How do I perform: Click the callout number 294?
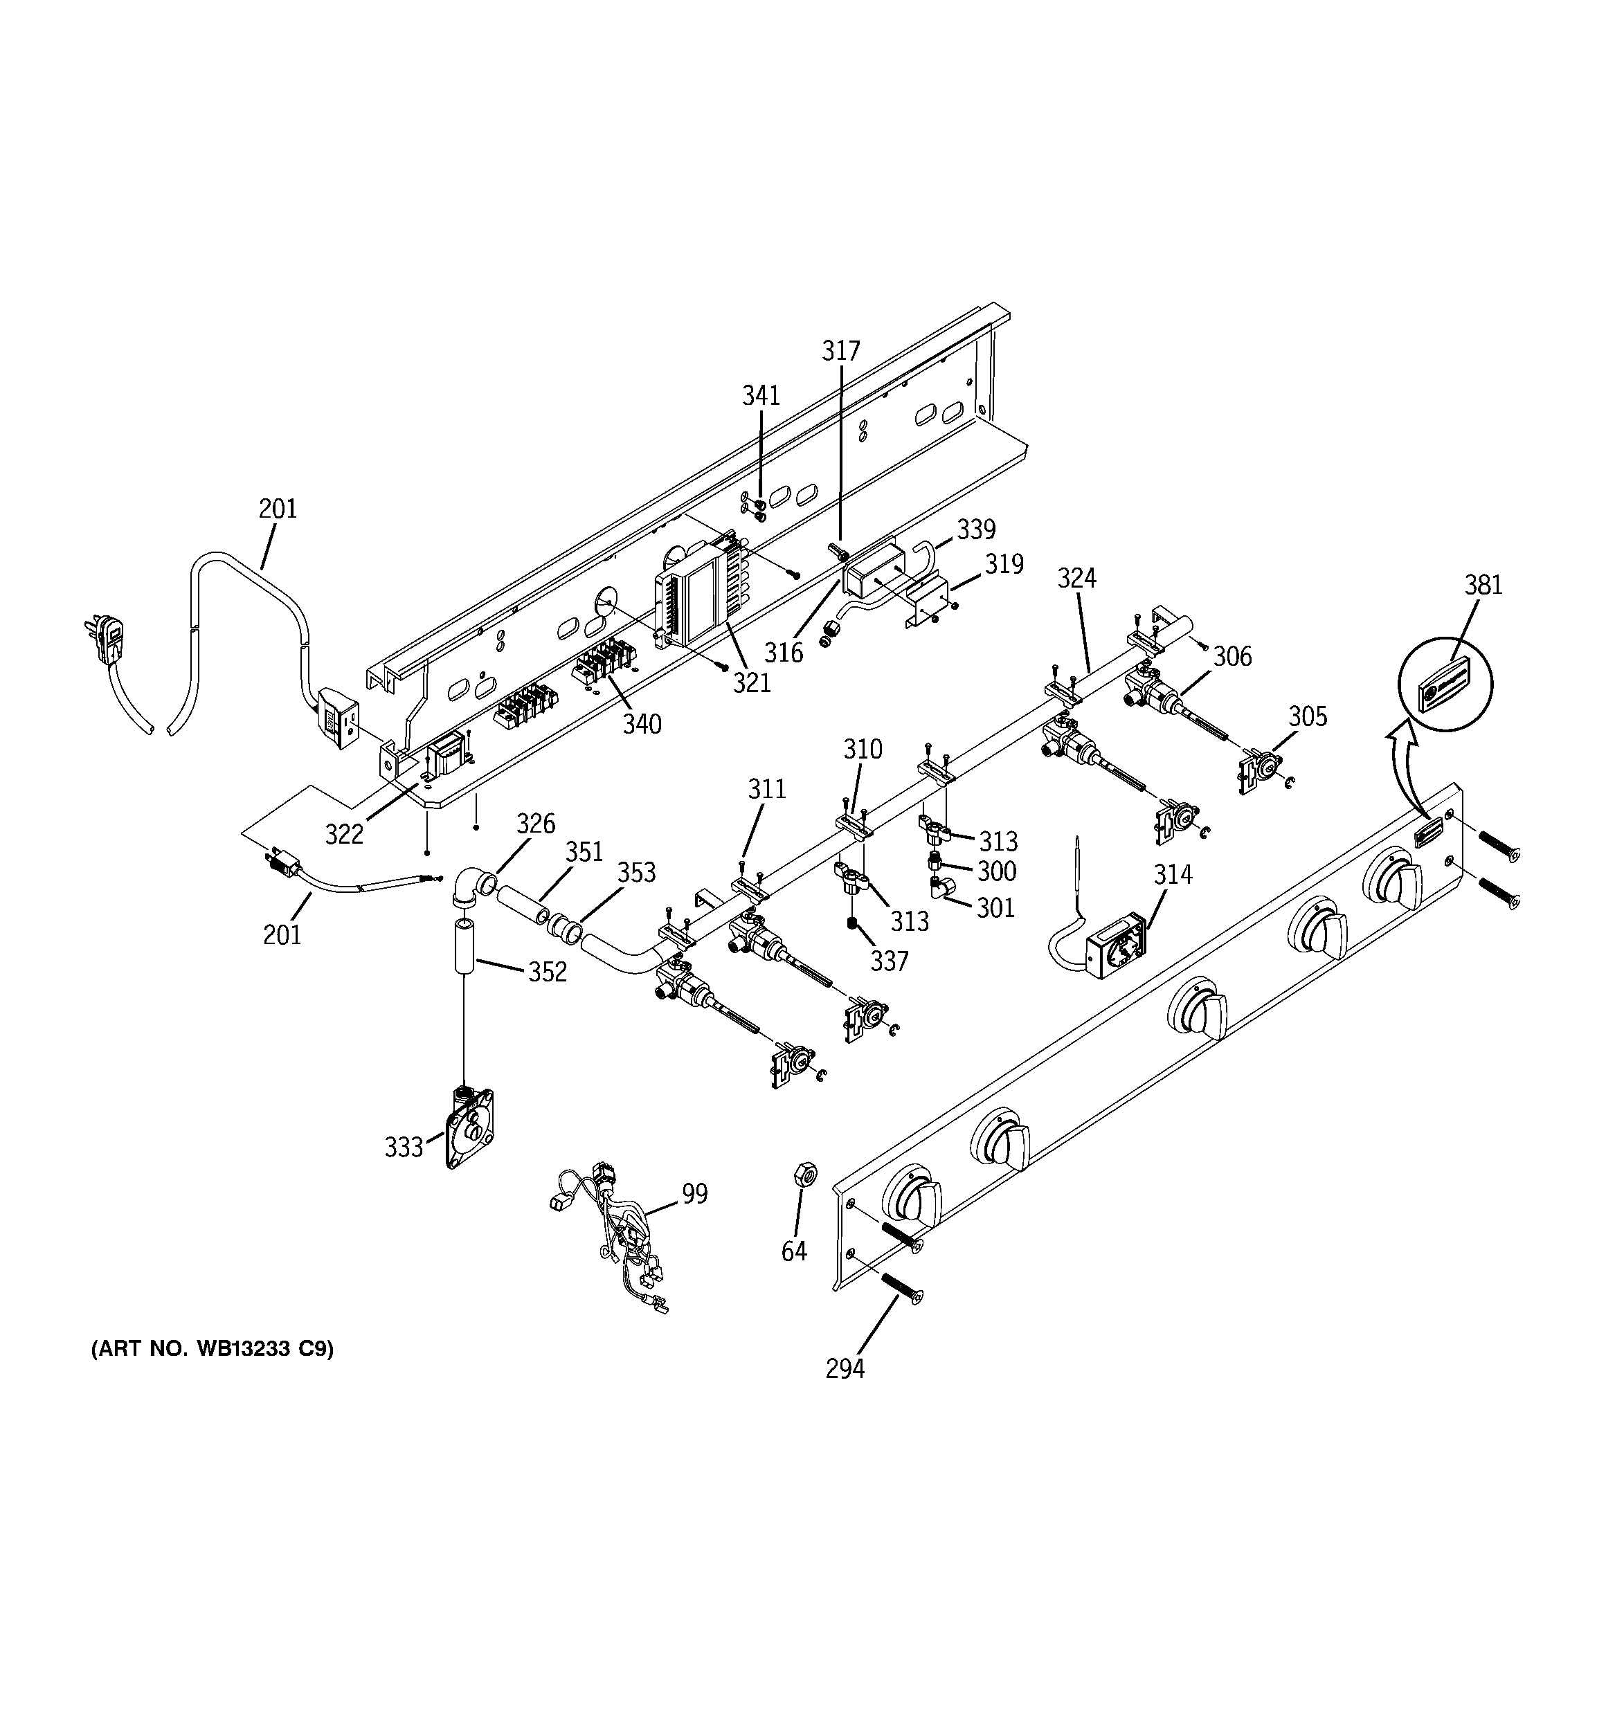tap(844, 1368)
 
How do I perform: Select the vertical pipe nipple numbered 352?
tap(464, 946)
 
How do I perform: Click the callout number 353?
tap(636, 872)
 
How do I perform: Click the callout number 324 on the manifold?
tap(1076, 578)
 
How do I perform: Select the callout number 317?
tap(840, 351)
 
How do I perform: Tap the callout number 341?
tap(761, 395)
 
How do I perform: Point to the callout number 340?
tap(642, 724)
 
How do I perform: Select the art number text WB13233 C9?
tap(212, 1348)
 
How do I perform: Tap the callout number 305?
tap(1307, 716)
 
